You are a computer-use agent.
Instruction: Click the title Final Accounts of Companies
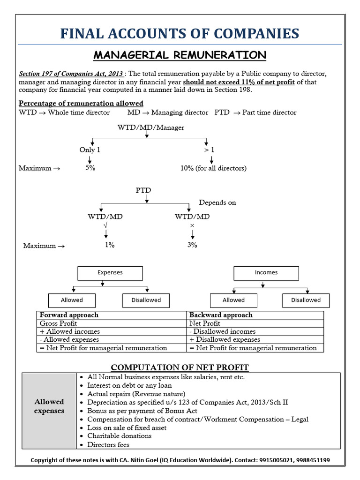coord(180,33)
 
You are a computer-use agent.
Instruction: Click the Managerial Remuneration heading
coord(180,55)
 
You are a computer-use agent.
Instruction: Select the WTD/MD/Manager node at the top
coord(150,127)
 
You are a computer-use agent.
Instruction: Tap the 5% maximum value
coord(90,168)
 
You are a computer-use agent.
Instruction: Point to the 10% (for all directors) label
coord(213,168)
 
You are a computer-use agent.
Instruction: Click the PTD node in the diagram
coord(143,190)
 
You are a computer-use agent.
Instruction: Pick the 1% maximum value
coord(110,245)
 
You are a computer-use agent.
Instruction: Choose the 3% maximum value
coord(192,245)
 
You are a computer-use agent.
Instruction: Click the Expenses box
coord(110,272)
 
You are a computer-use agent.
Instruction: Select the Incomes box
coord(266,272)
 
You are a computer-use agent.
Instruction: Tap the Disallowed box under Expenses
coord(146,300)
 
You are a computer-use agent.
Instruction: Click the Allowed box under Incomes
coord(233,300)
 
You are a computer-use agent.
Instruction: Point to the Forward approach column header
coord(69,315)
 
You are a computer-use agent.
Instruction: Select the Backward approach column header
coord(220,315)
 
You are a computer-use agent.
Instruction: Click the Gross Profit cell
coord(59,323)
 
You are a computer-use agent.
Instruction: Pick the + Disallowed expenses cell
coord(225,339)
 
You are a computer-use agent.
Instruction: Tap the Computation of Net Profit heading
coord(180,367)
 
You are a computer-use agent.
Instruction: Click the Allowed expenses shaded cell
coord(49,406)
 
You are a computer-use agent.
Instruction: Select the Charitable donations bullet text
coord(120,436)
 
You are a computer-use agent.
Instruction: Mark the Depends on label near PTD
coord(217,202)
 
